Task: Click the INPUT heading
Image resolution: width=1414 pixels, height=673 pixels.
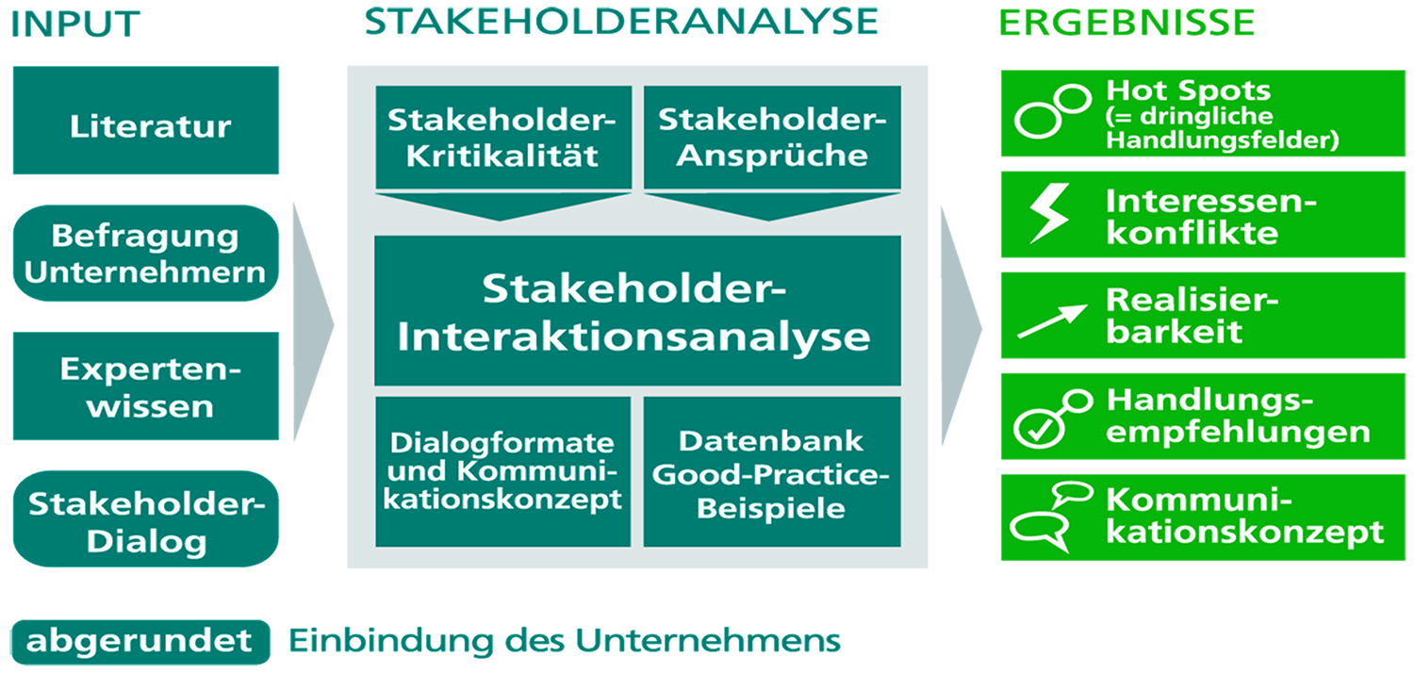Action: (x=75, y=24)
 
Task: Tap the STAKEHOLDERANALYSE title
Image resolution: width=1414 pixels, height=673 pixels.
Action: (x=621, y=21)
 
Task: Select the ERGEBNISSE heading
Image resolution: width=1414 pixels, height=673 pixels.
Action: (x=1126, y=23)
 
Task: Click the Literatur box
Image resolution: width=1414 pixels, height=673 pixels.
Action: (x=146, y=120)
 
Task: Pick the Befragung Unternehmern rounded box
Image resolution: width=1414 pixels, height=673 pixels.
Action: (x=146, y=254)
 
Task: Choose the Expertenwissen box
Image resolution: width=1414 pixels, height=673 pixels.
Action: (x=146, y=386)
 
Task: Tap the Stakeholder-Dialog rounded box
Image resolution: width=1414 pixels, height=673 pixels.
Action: (x=146, y=518)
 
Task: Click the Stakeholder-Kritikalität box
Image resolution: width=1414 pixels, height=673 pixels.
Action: (x=503, y=137)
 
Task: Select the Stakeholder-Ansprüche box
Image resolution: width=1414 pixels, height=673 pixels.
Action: (x=772, y=137)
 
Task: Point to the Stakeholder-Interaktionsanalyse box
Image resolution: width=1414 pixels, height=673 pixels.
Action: (x=637, y=311)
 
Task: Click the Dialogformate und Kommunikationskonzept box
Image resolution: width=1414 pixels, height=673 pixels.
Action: (x=503, y=471)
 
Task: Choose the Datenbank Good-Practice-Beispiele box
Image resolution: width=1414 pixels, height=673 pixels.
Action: (x=772, y=471)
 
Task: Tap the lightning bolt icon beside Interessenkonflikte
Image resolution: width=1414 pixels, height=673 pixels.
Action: (x=1049, y=213)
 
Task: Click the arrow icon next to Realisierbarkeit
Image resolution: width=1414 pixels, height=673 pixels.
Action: (x=1052, y=320)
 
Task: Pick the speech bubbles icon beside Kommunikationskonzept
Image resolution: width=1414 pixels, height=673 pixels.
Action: (x=1051, y=517)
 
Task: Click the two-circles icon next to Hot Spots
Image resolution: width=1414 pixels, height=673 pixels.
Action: (x=1053, y=111)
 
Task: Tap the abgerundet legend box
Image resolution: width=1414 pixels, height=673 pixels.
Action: (x=140, y=642)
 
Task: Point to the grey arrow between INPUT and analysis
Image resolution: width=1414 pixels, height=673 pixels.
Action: (x=313, y=322)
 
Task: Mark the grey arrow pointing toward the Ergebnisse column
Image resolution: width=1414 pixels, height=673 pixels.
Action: (x=961, y=326)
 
